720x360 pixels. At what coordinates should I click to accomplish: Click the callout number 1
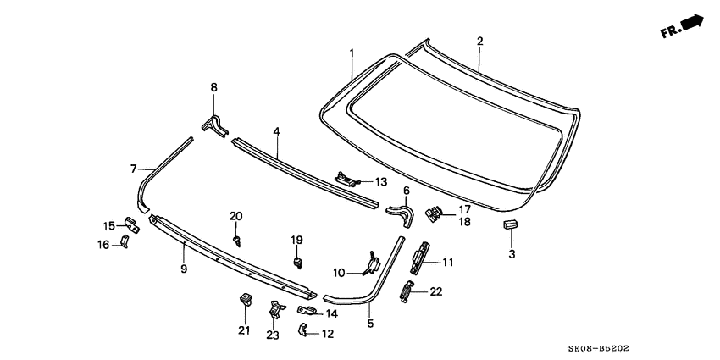point(352,53)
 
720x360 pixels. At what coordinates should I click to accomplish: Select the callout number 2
point(480,42)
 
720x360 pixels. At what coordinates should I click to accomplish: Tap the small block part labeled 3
point(510,224)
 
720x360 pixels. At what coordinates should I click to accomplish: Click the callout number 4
point(276,131)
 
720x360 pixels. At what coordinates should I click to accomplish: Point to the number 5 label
point(369,323)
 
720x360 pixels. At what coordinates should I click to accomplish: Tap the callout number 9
point(183,269)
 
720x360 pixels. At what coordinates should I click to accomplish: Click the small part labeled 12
point(303,330)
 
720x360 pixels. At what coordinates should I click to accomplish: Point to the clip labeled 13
point(346,178)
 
